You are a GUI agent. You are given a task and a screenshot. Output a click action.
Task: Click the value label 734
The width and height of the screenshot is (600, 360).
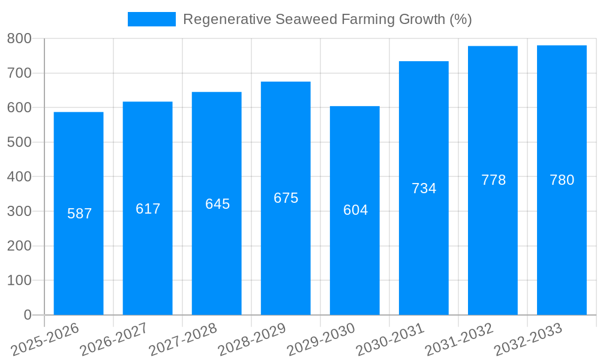coord(424,188)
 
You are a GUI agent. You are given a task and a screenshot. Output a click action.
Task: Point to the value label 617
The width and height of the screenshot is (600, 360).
coord(148,209)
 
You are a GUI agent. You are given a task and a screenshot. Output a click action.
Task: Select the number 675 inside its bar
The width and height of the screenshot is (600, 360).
coord(286,198)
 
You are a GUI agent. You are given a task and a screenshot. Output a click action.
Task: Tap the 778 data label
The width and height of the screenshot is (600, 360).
coord(493,180)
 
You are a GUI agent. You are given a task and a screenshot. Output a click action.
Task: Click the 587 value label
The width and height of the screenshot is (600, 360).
coord(79,214)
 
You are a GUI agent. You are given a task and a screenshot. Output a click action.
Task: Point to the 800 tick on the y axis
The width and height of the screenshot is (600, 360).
coord(19,39)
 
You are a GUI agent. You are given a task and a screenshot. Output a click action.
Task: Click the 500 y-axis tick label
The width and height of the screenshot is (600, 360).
coord(19,142)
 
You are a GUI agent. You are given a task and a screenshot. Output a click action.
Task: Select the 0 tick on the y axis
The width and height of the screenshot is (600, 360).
coord(27,315)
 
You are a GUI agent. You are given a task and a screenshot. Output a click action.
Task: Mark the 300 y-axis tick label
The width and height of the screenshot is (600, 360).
coord(19,211)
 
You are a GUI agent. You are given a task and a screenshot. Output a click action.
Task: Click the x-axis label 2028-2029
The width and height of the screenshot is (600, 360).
coord(252,340)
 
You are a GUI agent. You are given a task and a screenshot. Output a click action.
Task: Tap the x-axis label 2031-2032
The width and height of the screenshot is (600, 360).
coord(459,340)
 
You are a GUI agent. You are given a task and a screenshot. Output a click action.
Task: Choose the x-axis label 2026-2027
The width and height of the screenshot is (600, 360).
coord(114,340)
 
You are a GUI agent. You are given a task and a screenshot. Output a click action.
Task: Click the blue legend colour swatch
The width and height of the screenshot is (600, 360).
coord(152,19)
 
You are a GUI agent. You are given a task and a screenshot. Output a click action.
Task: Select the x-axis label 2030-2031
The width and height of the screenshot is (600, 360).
coord(390,340)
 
